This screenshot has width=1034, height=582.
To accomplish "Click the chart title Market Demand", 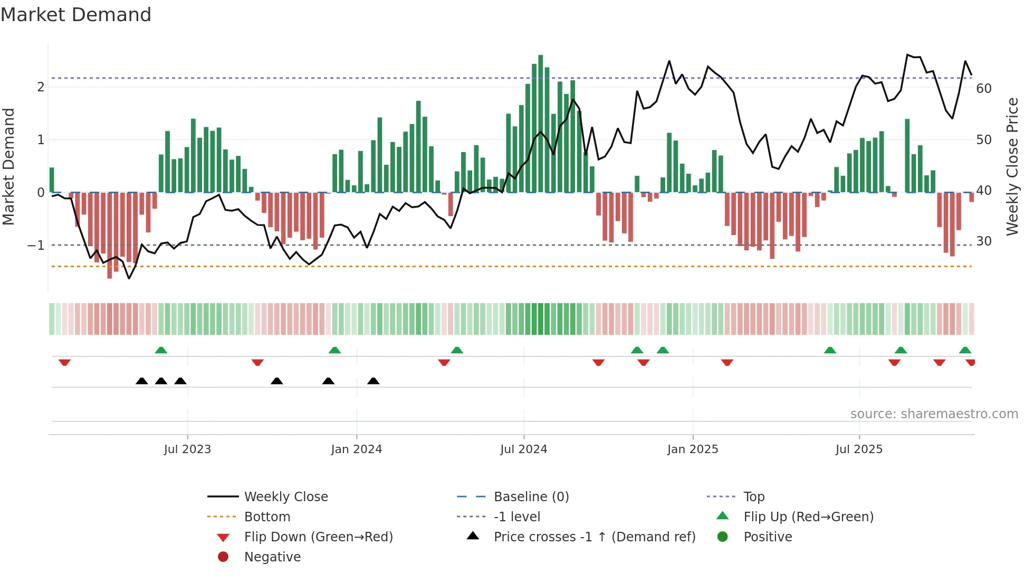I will (x=76, y=15).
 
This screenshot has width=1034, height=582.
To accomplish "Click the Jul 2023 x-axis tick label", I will (x=187, y=449).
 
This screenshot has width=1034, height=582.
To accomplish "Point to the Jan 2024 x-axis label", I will (x=356, y=449).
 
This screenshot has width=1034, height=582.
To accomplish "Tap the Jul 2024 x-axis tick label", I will (x=523, y=449).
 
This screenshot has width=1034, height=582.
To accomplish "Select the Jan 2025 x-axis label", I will (x=692, y=449).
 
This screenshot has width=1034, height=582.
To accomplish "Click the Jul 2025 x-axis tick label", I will (x=859, y=449).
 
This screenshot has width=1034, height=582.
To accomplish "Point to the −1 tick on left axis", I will (x=36, y=246).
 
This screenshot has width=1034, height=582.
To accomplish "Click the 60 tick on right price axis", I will (x=983, y=89).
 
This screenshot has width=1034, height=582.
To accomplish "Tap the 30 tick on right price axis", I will (x=983, y=241).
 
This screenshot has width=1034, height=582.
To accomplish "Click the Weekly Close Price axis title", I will (x=1012, y=166).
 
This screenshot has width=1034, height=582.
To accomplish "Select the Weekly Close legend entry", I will (x=285, y=497).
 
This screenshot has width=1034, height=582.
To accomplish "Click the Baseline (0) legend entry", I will (x=531, y=497).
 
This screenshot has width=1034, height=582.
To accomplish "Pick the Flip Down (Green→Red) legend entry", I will (x=318, y=537).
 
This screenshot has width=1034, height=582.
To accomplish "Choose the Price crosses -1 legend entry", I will (x=594, y=537).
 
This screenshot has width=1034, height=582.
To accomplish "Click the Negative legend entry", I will (x=272, y=557).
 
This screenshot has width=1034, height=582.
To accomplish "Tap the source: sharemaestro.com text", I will (x=934, y=414).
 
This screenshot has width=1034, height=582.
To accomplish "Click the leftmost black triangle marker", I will (x=141, y=381).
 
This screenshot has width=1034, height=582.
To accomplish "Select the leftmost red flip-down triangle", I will (x=64, y=362).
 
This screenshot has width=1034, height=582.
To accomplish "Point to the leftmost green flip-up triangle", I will (x=161, y=350).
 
